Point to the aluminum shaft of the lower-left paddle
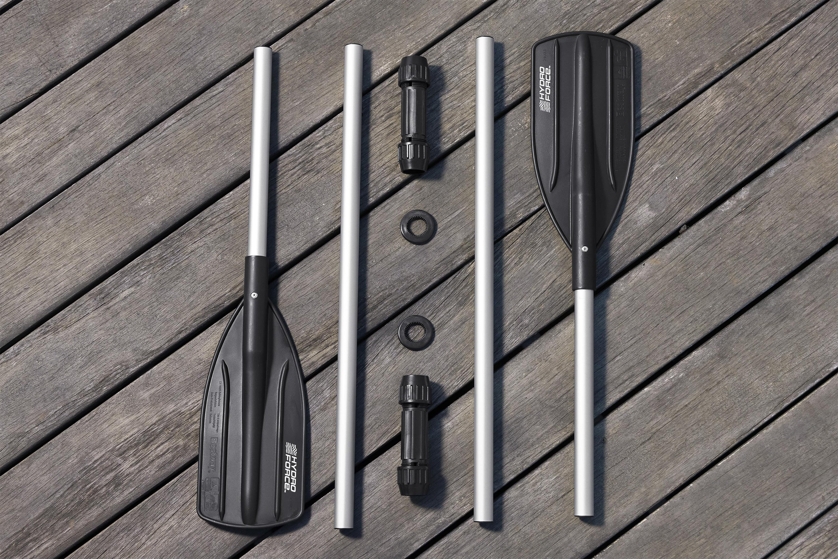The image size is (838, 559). pos(260,150)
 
